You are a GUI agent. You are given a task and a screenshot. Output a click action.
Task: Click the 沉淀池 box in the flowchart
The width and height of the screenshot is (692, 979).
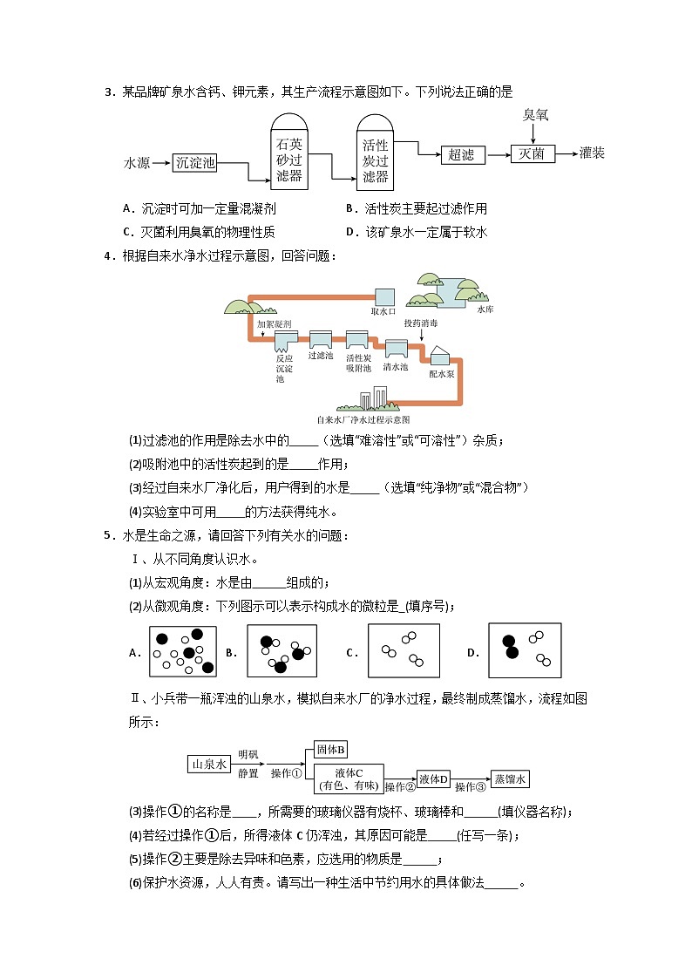click(x=195, y=162)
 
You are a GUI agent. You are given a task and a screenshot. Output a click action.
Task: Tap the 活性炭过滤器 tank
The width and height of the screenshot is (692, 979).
click(x=375, y=152)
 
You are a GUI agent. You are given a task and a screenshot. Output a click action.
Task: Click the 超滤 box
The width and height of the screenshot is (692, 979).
click(x=462, y=154)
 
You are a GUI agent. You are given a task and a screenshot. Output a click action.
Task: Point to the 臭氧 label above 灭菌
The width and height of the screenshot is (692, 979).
click(x=535, y=115)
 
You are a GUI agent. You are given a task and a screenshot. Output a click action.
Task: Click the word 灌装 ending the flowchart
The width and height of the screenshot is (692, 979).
click(x=592, y=153)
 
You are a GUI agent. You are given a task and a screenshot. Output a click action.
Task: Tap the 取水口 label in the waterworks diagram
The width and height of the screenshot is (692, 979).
click(x=383, y=310)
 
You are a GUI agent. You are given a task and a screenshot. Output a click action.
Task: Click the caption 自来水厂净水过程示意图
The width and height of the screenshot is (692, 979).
click(x=363, y=419)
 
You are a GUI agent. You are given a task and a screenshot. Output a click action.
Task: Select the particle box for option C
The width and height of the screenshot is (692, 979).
click(x=404, y=650)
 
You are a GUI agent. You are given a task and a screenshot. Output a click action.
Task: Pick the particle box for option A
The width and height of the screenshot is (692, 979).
click(x=182, y=650)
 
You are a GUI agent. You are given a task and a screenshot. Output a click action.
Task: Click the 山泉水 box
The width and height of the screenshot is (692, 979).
click(x=208, y=765)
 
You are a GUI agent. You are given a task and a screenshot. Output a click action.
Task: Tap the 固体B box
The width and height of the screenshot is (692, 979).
click(x=331, y=750)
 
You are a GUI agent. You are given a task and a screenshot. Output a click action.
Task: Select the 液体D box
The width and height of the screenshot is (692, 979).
click(x=432, y=778)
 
